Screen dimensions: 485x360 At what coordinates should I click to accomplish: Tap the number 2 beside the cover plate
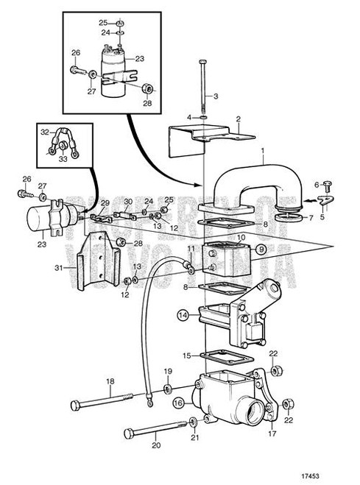238,118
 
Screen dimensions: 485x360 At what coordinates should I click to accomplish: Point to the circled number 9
261,249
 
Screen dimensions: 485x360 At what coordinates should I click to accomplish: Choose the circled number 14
182,316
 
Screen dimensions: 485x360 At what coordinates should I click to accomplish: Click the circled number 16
178,403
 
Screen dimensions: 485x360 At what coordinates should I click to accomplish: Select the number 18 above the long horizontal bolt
110,381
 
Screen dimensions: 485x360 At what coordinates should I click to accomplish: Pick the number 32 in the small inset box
44,132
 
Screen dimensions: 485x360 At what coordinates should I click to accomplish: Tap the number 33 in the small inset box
62,157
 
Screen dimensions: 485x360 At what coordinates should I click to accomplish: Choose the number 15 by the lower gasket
187,355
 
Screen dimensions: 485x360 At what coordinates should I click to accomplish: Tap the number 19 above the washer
167,371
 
